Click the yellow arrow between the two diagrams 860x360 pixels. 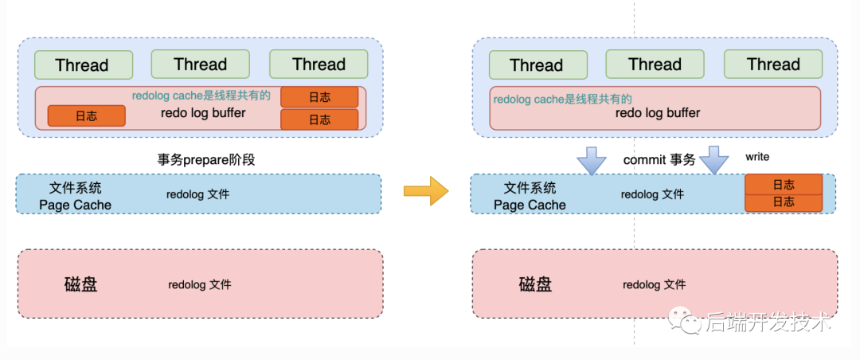(x=426, y=191)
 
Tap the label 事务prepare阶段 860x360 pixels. (x=205, y=159)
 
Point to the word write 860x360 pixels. (x=757, y=157)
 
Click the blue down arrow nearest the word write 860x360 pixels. (x=713, y=159)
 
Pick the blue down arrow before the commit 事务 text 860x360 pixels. (x=591, y=159)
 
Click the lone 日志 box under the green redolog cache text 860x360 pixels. (x=86, y=115)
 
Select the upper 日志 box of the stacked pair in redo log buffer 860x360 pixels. (x=319, y=97)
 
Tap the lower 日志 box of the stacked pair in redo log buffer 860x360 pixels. (x=319, y=119)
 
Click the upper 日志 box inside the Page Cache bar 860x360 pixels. (x=783, y=185)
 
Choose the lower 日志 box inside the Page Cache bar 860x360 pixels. (x=783, y=202)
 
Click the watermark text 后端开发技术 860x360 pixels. (x=768, y=323)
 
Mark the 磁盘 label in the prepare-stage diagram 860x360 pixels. (x=80, y=284)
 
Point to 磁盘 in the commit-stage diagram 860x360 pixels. (x=535, y=284)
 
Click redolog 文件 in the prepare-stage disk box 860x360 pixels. (x=199, y=284)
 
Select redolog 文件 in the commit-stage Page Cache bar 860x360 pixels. (x=652, y=194)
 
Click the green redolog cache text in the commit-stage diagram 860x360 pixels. (x=562, y=100)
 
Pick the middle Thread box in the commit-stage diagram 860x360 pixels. (x=655, y=65)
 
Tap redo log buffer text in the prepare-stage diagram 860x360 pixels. (x=203, y=112)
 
